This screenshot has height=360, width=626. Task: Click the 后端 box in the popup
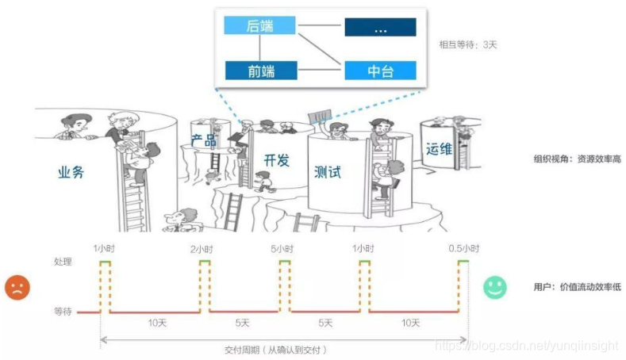tap(259, 27)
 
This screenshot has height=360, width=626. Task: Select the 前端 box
tap(259, 71)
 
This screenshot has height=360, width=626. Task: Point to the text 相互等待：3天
tap(469, 45)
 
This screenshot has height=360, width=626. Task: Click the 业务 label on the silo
tap(71, 172)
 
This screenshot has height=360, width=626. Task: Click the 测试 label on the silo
tap(327, 171)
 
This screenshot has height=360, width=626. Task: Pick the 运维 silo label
tap(438, 149)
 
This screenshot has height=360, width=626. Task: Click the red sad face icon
tap(17, 286)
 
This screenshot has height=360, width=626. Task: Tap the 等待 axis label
tap(63, 312)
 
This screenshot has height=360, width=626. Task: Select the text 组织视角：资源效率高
tap(577, 159)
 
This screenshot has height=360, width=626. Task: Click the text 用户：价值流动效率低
tap(577, 286)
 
